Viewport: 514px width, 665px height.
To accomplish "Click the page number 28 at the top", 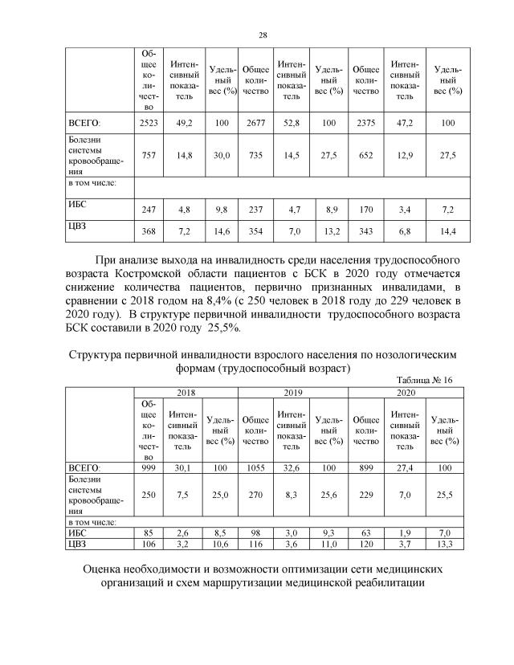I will coord(263,34).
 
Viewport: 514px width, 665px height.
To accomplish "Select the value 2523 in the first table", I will coord(149,123).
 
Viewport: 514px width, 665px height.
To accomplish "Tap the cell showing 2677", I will coord(255,123).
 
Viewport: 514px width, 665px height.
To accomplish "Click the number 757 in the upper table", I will coord(149,155).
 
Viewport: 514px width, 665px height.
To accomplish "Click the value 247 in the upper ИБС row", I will coord(149,208).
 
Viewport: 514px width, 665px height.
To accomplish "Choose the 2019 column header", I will coord(292,393).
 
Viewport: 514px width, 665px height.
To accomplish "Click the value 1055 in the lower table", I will coord(255,467).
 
